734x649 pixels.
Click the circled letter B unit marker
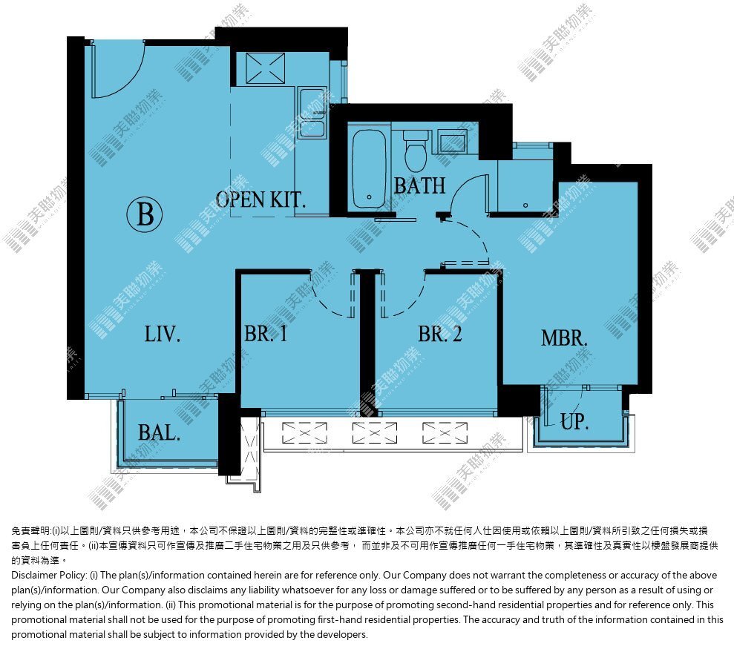[x=145, y=214]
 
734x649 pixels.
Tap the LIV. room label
[x=162, y=335]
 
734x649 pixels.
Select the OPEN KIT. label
[x=260, y=200]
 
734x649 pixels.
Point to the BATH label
[x=419, y=185]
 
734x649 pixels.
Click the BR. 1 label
[x=266, y=334]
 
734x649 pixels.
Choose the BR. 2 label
[x=440, y=334]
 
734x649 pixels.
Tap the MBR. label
[x=564, y=337]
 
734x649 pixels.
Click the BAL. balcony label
[x=159, y=433]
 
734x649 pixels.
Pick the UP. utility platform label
[x=574, y=421]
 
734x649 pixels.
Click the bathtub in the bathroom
[x=370, y=168]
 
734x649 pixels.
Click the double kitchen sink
[x=312, y=113]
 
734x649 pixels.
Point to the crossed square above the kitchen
[x=266, y=68]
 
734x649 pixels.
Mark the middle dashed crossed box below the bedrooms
[x=375, y=433]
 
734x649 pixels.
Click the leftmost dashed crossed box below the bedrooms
[x=305, y=433]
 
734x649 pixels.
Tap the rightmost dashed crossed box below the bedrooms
[x=445, y=433]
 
